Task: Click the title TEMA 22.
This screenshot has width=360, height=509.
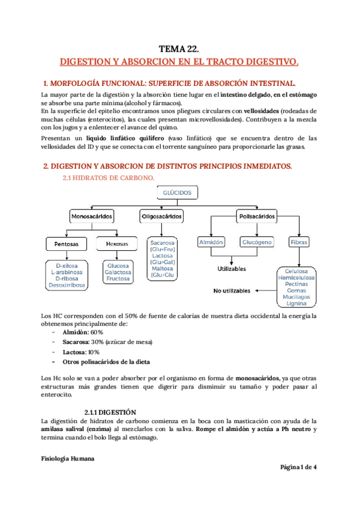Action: click(x=179, y=50)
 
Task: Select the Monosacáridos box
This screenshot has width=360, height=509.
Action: click(x=92, y=216)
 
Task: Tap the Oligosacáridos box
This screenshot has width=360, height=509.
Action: click(x=161, y=216)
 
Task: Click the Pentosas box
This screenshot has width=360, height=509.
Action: click(x=67, y=244)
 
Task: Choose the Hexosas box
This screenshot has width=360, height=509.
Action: click(x=117, y=244)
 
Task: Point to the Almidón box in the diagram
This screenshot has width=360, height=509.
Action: click(x=211, y=242)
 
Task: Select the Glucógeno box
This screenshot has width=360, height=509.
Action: click(x=257, y=242)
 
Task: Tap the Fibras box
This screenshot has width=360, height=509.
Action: click(x=299, y=242)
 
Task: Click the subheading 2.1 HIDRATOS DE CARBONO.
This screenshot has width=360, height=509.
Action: click(x=109, y=178)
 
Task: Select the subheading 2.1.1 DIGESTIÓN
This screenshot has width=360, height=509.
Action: click(x=110, y=413)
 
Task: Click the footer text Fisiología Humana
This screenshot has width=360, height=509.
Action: click(x=67, y=459)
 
